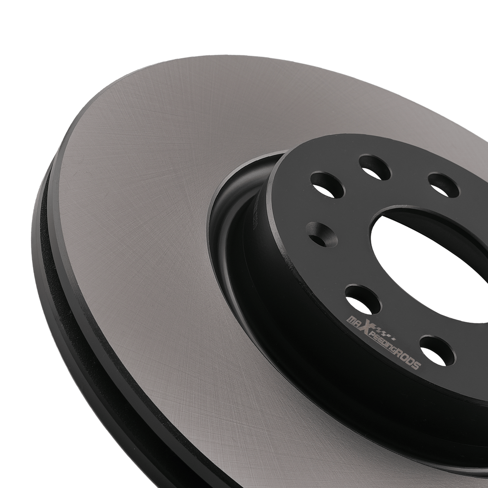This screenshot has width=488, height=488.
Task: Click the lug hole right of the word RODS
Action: pyautogui.click(x=437, y=350)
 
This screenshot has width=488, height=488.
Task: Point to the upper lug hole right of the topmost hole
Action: pyautogui.click(x=444, y=186)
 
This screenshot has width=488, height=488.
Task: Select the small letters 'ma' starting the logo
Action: pyautogui.click(x=353, y=321)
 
